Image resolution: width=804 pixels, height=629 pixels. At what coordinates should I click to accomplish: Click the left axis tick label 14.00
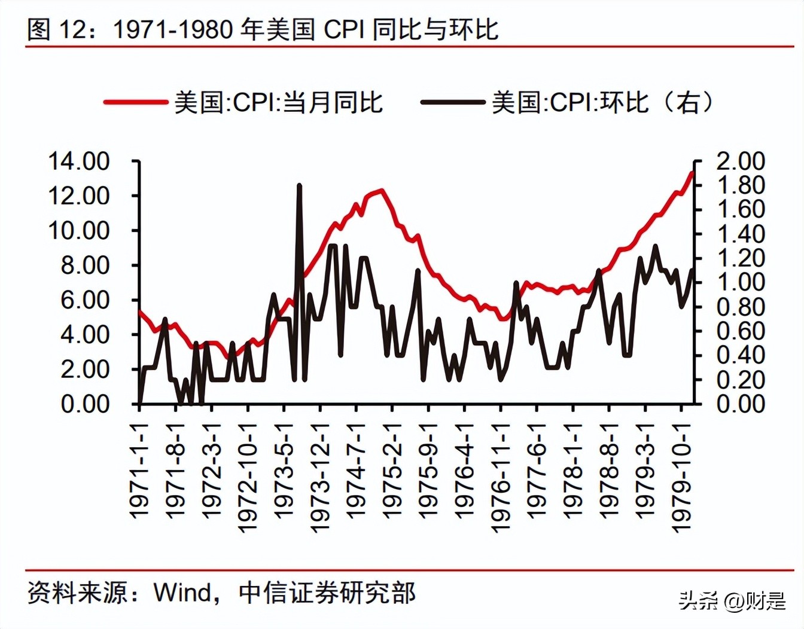(x=78, y=161)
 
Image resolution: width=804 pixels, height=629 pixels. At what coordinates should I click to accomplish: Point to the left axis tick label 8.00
(x=85, y=265)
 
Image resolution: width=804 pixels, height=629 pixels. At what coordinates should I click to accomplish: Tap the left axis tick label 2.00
(x=85, y=370)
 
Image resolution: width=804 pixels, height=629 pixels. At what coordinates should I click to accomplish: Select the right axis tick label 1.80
(x=741, y=186)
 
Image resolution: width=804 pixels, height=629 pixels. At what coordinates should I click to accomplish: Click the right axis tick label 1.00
(x=741, y=282)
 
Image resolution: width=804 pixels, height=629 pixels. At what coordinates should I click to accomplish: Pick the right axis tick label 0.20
(x=741, y=380)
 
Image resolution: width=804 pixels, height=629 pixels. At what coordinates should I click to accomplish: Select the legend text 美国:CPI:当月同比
(x=278, y=102)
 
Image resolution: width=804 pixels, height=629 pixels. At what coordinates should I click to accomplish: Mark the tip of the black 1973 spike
(x=300, y=186)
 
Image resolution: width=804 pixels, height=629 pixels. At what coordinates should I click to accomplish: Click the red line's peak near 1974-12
(x=381, y=191)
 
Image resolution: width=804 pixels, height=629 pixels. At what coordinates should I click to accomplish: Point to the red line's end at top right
(x=692, y=173)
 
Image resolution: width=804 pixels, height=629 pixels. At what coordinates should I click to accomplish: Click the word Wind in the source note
(x=182, y=593)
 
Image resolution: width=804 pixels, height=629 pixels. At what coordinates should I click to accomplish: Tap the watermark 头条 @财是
(x=732, y=600)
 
